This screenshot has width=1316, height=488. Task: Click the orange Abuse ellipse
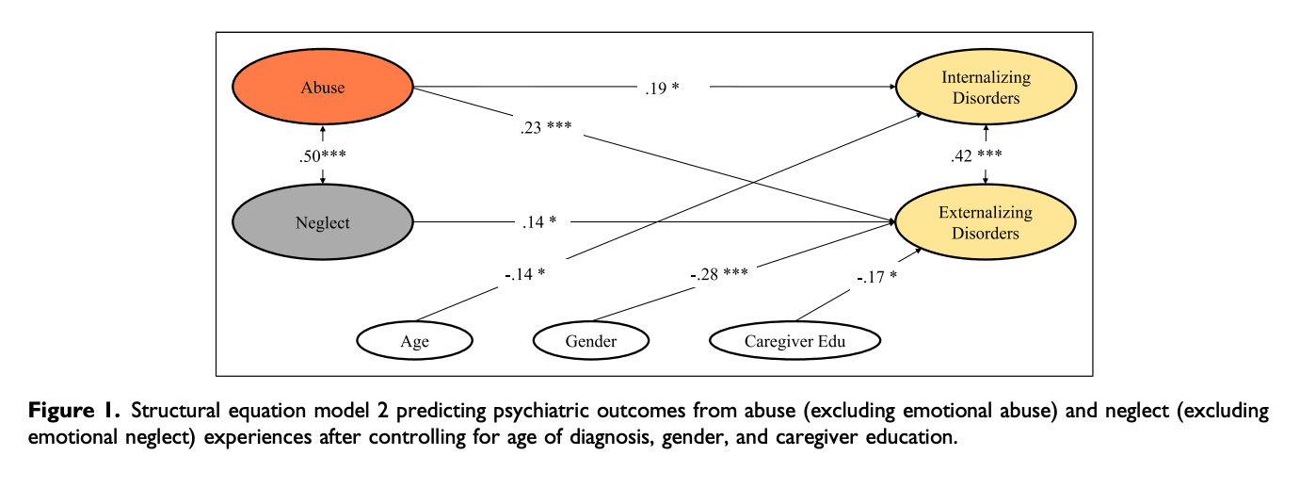[x=323, y=88]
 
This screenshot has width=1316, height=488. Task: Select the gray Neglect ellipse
[x=323, y=223]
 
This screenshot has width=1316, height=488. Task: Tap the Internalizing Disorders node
[x=986, y=88]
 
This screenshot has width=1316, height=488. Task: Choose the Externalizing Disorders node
[x=986, y=222]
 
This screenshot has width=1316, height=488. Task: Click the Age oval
[x=414, y=341]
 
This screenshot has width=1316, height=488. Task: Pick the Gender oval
[x=591, y=341]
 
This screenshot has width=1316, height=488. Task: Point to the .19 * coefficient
[x=662, y=89]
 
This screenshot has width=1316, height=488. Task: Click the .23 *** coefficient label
[x=546, y=128]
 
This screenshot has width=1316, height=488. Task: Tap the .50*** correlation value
[x=323, y=156]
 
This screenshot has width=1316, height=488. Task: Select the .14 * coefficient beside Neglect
[x=539, y=222]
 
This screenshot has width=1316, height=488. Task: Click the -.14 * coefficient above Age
[x=523, y=274]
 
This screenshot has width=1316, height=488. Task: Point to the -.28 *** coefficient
[x=718, y=274]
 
